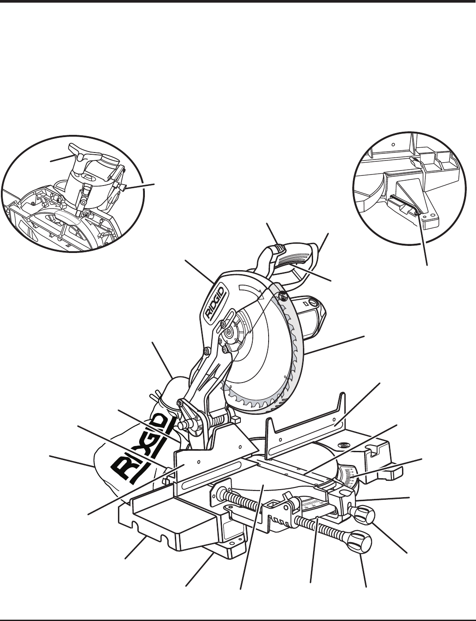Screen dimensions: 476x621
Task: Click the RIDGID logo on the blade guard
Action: coord(216,301)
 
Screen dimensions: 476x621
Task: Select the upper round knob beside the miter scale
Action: coord(365,514)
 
